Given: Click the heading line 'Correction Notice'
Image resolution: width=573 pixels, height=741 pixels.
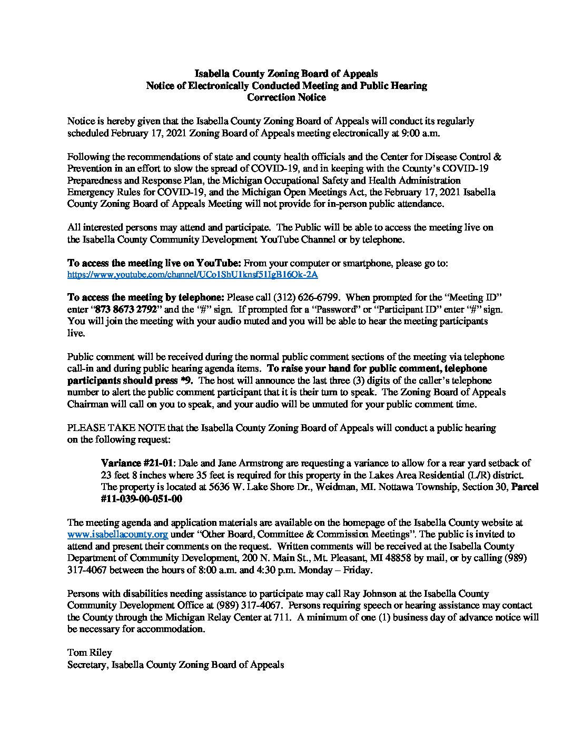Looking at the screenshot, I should pos(286,97).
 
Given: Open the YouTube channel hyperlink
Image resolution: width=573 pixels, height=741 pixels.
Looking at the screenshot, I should pos(193,275).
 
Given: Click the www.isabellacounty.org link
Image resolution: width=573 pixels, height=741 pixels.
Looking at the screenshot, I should pos(117,535).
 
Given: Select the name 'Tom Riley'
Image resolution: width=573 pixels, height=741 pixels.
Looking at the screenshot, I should pos(90,653).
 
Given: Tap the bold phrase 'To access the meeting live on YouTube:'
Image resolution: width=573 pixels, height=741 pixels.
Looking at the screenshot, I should pos(154,263).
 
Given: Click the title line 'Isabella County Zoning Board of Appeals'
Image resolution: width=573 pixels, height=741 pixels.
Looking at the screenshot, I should pos(286,74).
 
